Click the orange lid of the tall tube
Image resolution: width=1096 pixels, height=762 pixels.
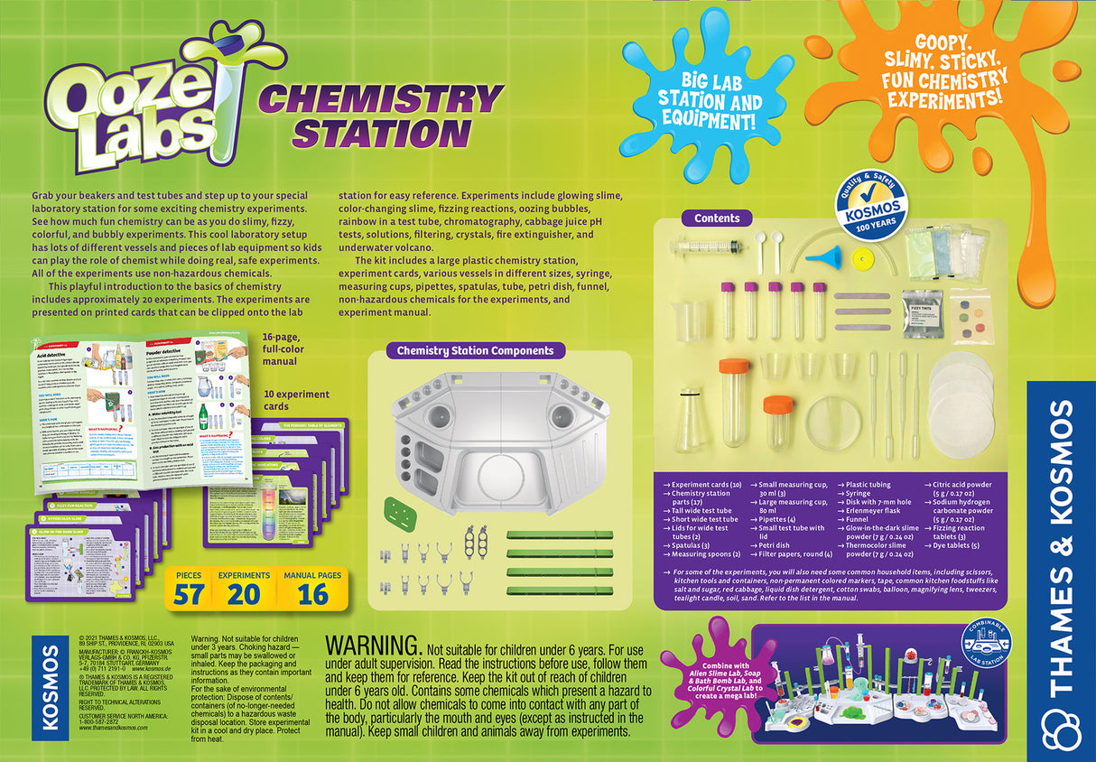[x=734, y=368]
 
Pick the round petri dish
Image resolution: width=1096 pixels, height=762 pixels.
[x=832, y=422]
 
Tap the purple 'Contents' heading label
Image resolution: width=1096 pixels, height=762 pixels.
[x=717, y=218]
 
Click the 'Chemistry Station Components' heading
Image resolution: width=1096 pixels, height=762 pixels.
[x=476, y=350]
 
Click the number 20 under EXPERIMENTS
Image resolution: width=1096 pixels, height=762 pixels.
[x=244, y=593]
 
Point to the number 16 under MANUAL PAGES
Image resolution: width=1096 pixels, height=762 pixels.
[x=312, y=593]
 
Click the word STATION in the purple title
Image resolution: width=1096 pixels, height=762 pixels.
[x=382, y=134]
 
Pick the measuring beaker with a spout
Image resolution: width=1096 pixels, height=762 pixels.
[x=692, y=321]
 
